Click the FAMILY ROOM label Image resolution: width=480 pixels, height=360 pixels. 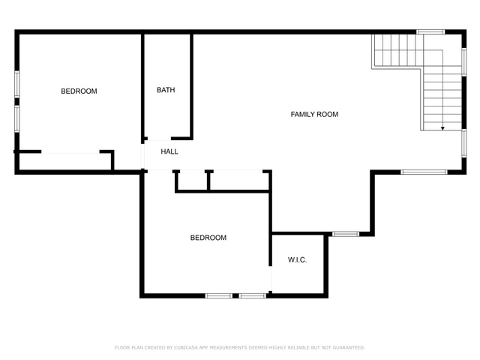pyautogui.click(x=314, y=115)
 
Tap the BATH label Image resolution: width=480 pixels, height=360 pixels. pyautogui.click(x=166, y=90)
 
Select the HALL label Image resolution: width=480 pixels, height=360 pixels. pyautogui.click(x=169, y=151)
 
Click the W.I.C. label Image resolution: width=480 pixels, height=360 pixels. pyautogui.click(x=297, y=260)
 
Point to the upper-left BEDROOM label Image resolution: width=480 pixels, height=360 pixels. pyautogui.click(x=79, y=91)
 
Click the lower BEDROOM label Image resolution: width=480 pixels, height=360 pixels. pyautogui.click(x=208, y=238)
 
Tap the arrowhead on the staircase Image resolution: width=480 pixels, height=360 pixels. pyautogui.click(x=442, y=128)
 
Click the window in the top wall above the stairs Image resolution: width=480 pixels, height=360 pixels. pyautogui.click(x=430, y=31)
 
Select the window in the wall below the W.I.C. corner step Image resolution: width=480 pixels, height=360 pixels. pyautogui.click(x=346, y=234)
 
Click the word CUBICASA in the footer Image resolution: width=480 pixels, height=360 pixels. pyautogui.click(x=186, y=347)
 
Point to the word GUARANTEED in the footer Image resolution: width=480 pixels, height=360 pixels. pyautogui.click(x=349, y=347)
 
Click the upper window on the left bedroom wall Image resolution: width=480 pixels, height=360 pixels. pyautogui.click(x=17, y=84)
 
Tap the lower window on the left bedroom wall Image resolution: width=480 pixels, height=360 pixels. pyautogui.click(x=17, y=118)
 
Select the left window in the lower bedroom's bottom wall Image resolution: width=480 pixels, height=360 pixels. pyautogui.click(x=219, y=295)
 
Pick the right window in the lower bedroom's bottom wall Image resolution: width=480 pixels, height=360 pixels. pyautogui.click(x=253, y=295)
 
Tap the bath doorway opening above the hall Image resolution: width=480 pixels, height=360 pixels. pyautogui.click(x=159, y=139)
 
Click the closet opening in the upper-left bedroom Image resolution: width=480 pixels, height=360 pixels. pyautogui.click(x=70, y=151)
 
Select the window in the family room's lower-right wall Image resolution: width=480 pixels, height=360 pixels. pyautogui.click(x=424, y=172)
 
